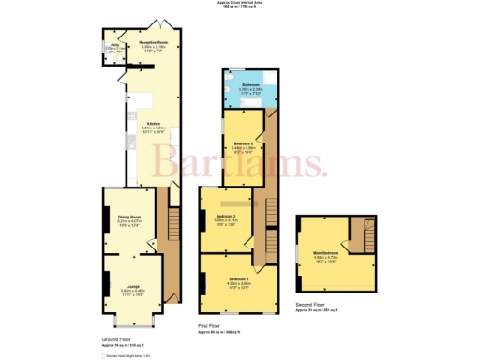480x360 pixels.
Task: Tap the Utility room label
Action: click(x=112, y=48)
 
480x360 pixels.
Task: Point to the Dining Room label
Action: click(x=129, y=217)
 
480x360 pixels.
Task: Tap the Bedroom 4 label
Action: click(x=244, y=144)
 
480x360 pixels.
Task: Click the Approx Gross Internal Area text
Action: click(x=240, y=4)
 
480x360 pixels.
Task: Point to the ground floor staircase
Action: click(x=172, y=225)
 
